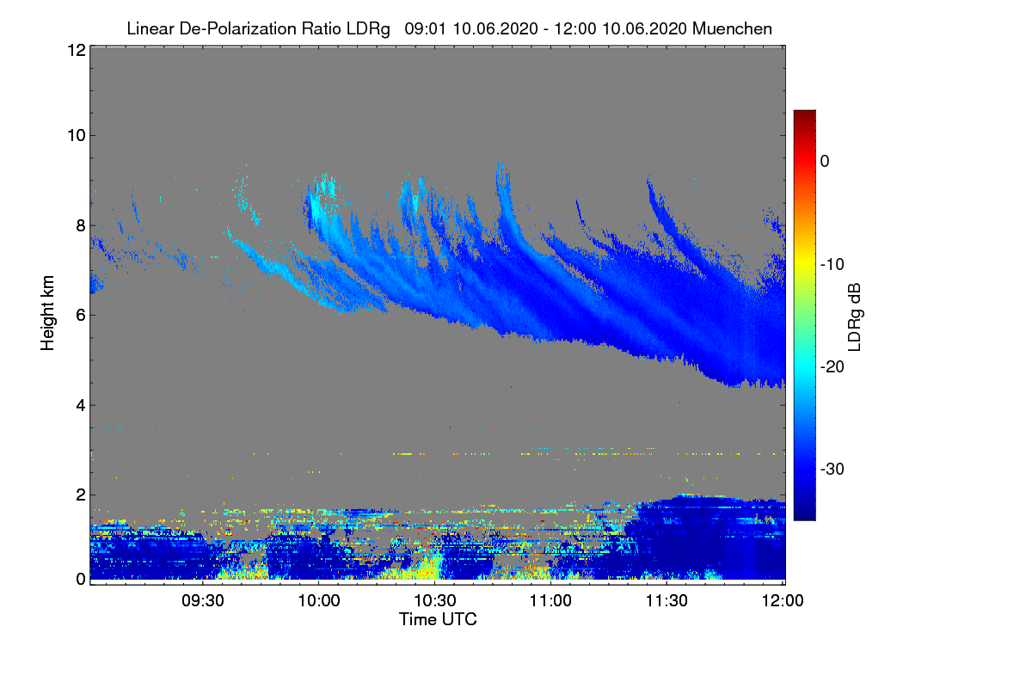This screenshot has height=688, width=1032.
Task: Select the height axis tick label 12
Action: pos(76,50)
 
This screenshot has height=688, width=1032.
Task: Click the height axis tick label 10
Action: pos(76,135)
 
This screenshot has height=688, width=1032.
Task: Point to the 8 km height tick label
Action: pos(80,225)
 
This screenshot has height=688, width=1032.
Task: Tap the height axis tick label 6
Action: pos(80,315)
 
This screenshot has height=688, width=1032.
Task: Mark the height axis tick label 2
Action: pos(80,494)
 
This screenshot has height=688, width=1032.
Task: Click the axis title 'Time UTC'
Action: pos(438,618)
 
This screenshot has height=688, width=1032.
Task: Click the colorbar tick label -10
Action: pos(832,264)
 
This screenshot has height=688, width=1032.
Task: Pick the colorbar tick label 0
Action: pos(825,161)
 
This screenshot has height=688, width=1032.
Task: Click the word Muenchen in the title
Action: pos(732,28)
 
